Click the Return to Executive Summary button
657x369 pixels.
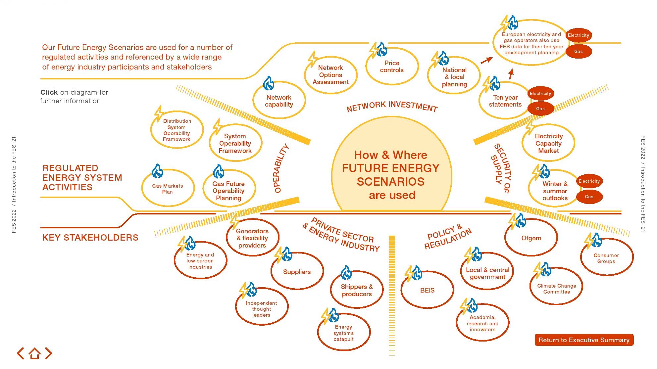click(584, 340)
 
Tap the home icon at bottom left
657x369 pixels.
click(34, 353)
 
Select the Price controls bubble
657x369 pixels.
click(392, 67)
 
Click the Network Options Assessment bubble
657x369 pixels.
click(330, 75)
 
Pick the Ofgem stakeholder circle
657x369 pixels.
click(531, 238)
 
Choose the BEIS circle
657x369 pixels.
click(427, 290)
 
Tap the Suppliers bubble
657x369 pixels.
click(297, 272)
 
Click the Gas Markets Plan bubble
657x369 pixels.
click(168, 189)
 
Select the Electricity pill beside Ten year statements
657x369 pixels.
click(540, 93)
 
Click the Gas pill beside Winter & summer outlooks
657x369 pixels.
click(589, 197)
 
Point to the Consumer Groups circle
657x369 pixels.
click(606, 258)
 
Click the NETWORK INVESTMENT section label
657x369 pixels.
click(392, 106)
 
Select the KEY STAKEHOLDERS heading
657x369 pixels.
click(90, 238)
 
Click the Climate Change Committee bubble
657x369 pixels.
click(556, 289)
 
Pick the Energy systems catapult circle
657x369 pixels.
click(343, 333)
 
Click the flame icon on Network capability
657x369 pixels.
click(269, 83)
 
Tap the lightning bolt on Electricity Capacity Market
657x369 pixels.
click(530, 127)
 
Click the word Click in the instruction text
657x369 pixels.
click(49, 92)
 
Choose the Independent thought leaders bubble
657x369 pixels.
click(261, 309)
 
